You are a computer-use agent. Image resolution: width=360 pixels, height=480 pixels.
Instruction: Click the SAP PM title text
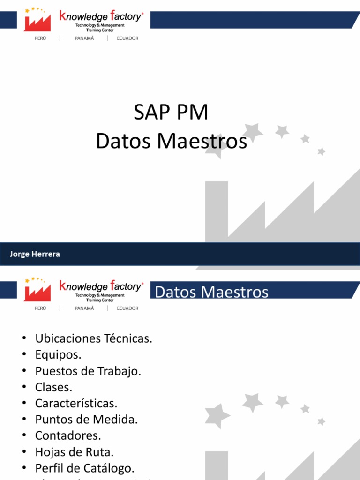point(171,113)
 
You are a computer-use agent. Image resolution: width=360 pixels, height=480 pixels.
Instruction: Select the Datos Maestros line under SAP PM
point(171,141)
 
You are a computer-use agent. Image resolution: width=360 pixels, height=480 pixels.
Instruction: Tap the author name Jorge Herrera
point(35,254)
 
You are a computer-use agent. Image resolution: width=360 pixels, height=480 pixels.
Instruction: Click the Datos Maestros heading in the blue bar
point(211,292)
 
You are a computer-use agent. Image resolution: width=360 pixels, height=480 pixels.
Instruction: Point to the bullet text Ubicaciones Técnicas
point(94,338)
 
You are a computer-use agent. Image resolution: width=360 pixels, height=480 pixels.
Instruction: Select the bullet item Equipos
point(58,355)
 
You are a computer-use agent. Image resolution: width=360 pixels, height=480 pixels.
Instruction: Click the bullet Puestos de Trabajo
point(88,371)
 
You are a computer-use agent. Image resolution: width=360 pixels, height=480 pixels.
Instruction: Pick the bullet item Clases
point(54,387)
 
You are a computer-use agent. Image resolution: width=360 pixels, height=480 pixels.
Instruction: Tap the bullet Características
point(76,403)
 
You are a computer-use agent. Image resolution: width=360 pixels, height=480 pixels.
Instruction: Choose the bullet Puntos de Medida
point(86,419)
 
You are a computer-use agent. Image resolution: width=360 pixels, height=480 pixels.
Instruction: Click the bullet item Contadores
point(68,435)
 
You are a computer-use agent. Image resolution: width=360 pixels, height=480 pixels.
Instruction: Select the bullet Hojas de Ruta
point(75,452)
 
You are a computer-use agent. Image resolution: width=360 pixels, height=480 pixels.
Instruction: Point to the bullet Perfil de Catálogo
point(85,468)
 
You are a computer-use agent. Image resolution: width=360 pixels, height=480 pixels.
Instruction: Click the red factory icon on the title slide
point(37,22)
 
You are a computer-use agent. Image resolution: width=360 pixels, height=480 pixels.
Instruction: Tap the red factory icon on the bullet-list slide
point(37,291)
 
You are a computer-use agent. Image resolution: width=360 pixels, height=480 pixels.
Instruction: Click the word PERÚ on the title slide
point(40,38)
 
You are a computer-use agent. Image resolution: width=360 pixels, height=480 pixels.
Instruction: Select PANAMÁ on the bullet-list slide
point(84,308)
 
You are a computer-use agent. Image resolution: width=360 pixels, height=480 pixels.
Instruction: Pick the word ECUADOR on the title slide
point(127,38)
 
